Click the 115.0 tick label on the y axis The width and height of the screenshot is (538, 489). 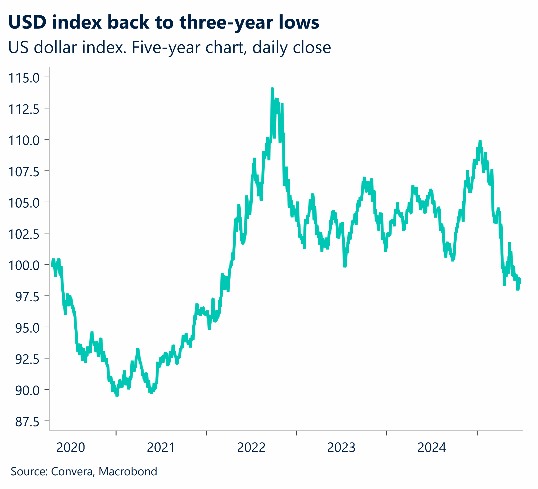(24, 78)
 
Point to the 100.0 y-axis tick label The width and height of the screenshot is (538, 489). (24, 266)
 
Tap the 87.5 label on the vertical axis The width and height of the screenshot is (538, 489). (27, 422)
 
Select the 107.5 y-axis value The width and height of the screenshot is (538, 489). (24, 172)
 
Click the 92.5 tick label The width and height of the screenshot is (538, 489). (27, 359)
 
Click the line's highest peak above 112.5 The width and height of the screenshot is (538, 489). (272, 88)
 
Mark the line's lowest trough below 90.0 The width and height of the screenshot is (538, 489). (117, 396)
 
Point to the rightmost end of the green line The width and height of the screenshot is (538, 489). (521, 284)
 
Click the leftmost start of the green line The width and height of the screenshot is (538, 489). (52, 266)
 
